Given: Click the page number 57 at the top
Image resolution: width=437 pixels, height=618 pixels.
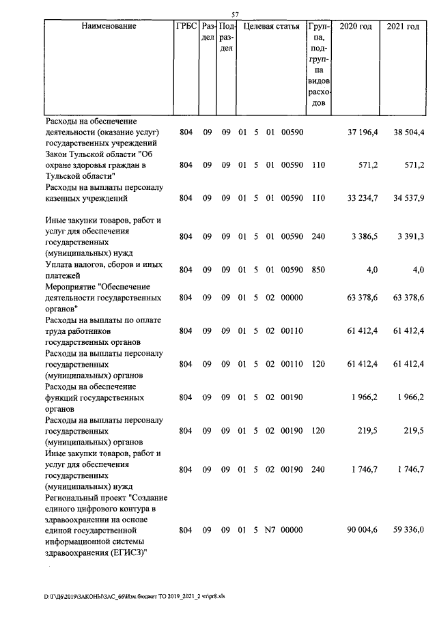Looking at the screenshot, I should coord(235,14).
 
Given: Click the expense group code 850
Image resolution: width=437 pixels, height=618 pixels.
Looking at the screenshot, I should coord(316,270).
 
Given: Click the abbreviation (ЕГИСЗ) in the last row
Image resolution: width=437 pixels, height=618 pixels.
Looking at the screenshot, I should coord(126,552).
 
